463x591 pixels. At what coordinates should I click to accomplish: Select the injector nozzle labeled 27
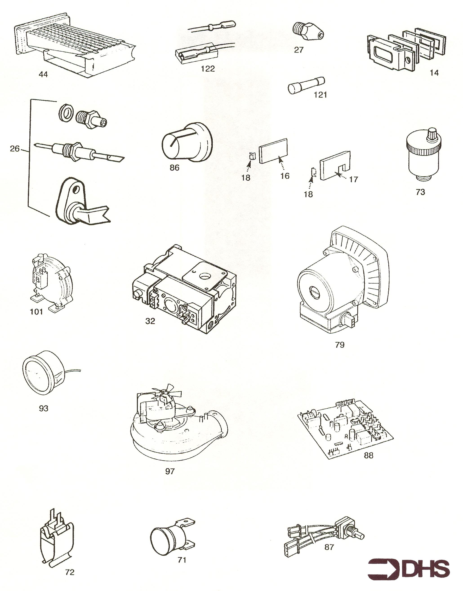click(x=309, y=32)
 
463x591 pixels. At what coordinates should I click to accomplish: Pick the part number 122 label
click(x=208, y=69)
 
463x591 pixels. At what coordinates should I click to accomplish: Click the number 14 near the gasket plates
click(x=434, y=73)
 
